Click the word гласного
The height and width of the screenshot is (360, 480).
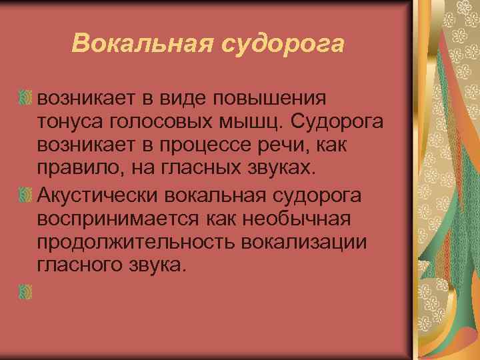click(x=84, y=265)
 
